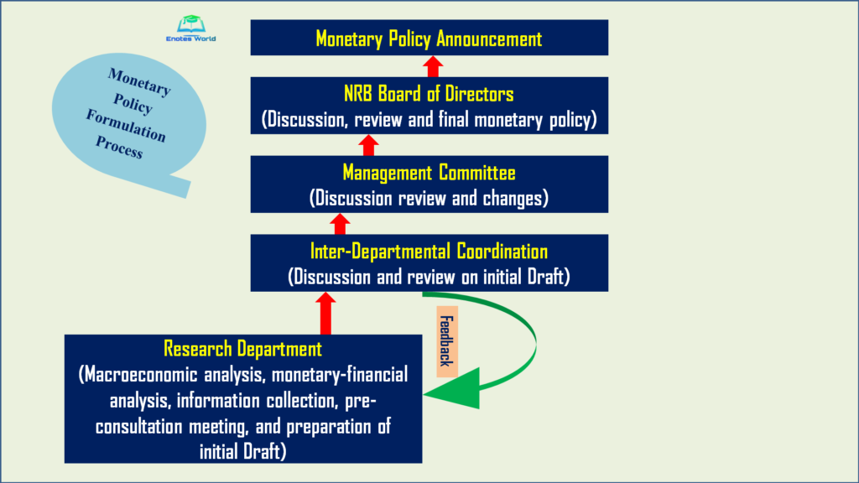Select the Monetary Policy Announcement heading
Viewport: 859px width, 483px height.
429,39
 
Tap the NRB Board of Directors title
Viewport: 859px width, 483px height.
429,93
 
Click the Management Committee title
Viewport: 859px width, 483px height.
429,173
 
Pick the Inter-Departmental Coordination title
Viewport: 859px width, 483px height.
429,251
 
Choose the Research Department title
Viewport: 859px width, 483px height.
243,348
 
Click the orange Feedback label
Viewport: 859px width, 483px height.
445,341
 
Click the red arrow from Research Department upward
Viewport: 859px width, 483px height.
326,313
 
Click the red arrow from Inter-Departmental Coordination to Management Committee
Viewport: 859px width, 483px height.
340,224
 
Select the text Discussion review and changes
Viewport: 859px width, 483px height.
429,199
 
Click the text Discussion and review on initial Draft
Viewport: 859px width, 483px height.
429,276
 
